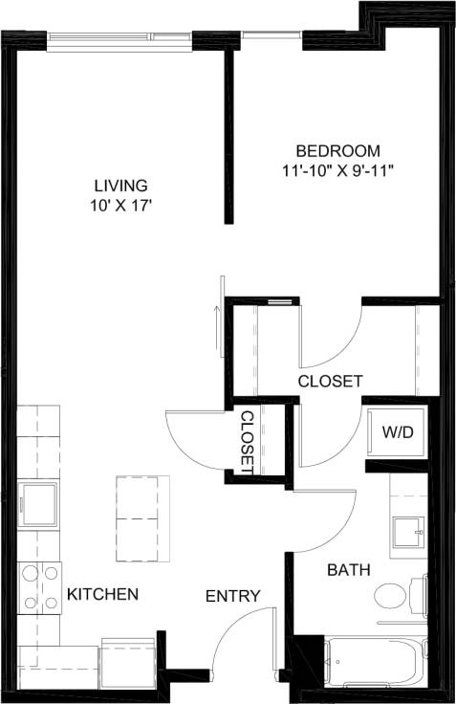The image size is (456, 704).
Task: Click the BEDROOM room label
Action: [x=337, y=151]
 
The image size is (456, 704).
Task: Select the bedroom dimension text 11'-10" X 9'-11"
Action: [x=337, y=171]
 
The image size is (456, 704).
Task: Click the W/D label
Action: [x=398, y=432]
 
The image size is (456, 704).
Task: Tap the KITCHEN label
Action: [x=102, y=594]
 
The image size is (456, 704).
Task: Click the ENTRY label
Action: [x=233, y=596]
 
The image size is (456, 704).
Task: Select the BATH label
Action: [x=350, y=570]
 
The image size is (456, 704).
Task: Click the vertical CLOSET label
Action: [x=247, y=441]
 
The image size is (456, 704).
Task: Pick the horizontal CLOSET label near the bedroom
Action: [x=330, y=381]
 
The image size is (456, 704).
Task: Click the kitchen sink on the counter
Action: [x=39, y=501]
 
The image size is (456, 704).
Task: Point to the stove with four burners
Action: [x=39, y=588]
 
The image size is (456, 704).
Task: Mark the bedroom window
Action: [x=271, y=38]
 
